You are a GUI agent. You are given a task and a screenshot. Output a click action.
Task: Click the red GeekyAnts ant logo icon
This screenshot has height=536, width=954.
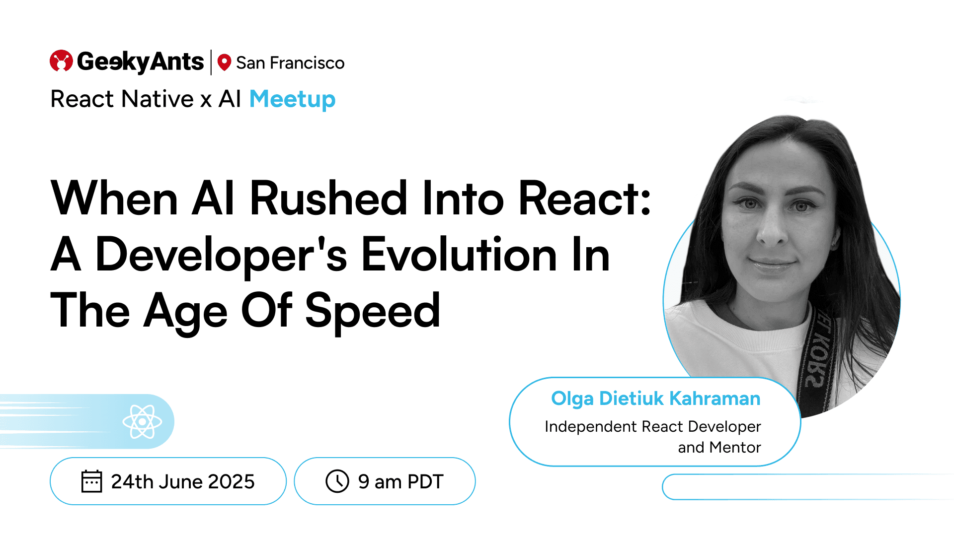click(x=61, y=61)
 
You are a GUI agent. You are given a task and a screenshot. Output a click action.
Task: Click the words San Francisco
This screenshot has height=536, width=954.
click(x=290, y=63)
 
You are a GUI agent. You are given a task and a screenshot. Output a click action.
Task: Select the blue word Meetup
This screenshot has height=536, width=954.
click(x=292, y=99)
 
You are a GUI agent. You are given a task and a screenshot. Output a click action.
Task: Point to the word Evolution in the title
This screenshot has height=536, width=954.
click(x=459, y=255)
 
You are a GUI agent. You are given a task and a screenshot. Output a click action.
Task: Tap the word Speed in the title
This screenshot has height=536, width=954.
click(x=373, y=312)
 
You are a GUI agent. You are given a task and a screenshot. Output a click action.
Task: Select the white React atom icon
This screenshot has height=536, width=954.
click(x=142, y=421)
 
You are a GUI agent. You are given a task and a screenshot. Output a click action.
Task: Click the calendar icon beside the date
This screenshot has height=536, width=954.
click(x=91, y=481)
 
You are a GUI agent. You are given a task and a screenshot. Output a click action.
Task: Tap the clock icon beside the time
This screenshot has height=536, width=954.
click(x=337, y=481)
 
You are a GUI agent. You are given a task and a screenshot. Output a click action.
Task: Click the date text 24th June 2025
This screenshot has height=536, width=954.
click(x=183, y=482)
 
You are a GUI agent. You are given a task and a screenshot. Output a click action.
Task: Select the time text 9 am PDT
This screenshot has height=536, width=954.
click(x=400, y=482)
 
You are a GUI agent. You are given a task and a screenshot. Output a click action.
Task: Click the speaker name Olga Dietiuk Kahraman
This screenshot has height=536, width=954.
click(x=656, y=399)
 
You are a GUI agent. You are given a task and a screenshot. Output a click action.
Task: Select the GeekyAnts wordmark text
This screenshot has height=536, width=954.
click(x=140, y=62)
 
